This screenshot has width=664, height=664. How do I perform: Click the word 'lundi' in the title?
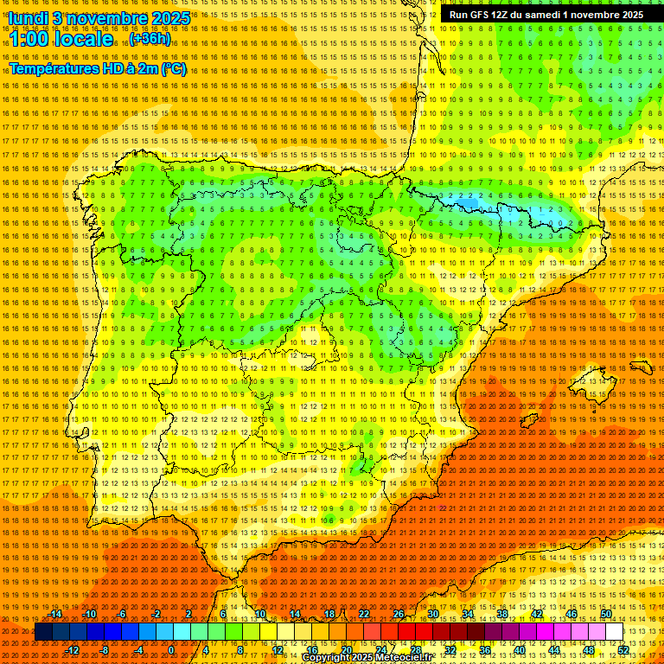tap(29, 18)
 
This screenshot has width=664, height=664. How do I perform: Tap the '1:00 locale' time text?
tap(61, 40)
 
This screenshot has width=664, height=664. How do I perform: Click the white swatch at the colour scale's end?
tap(615, 632)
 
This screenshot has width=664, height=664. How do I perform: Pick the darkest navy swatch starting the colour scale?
tap(43, 632)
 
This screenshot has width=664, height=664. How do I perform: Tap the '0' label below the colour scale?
tap(171, 650)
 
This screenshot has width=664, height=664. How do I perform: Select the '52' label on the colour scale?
tap(623, 650)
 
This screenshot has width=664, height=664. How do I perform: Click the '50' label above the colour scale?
tap(606, 614)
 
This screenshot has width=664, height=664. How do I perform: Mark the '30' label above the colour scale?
tap(432, 614)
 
